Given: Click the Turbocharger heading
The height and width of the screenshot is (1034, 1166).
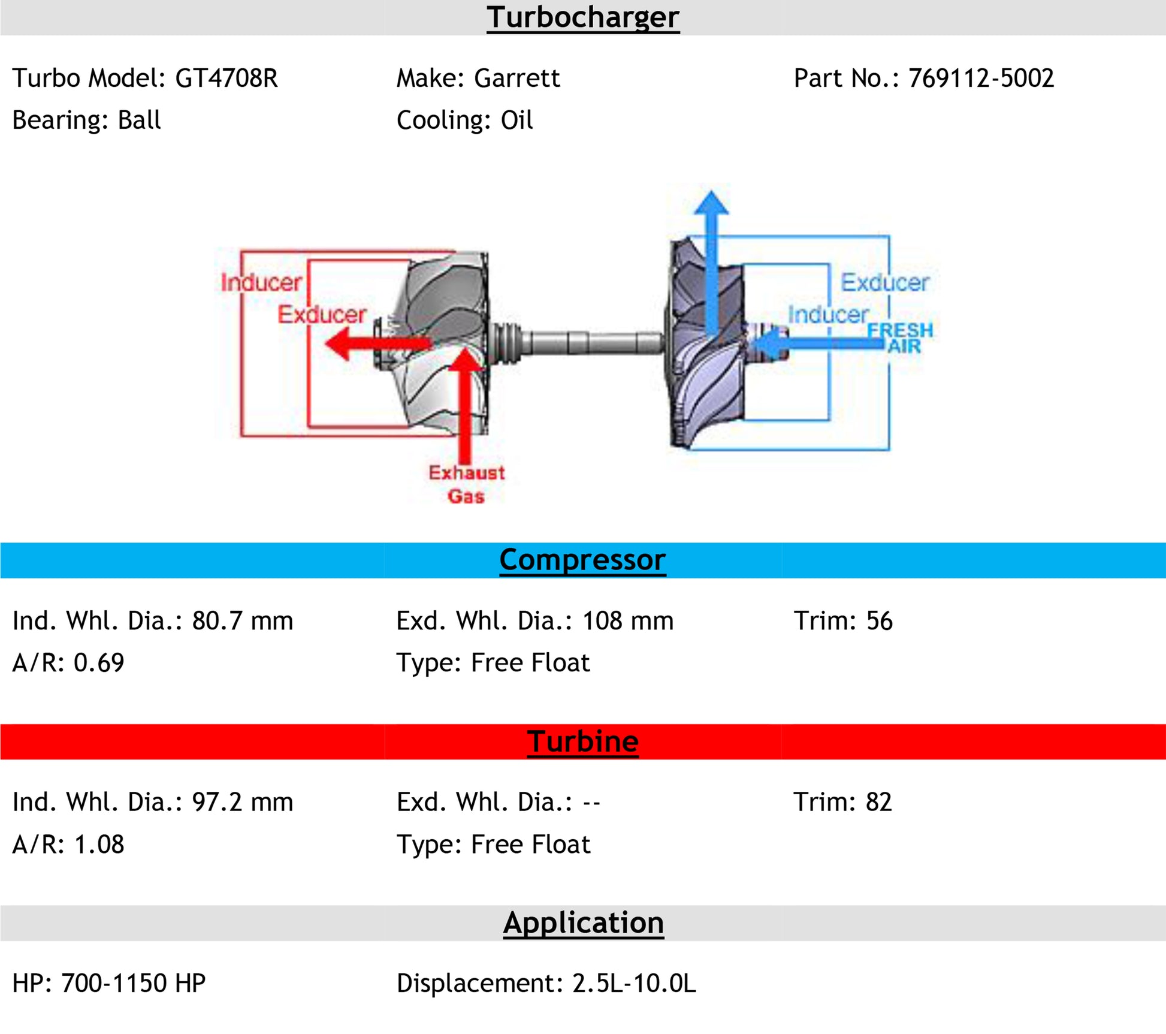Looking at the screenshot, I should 582,17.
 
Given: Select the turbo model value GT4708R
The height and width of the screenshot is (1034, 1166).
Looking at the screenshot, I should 226,79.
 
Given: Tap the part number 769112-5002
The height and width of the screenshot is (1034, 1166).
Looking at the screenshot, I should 981,79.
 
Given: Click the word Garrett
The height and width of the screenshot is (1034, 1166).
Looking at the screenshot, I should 516,79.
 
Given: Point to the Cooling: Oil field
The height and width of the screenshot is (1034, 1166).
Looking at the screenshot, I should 464,120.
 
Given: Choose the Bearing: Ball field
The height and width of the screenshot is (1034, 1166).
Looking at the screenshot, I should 86,120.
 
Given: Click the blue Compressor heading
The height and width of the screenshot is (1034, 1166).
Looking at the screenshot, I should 582,560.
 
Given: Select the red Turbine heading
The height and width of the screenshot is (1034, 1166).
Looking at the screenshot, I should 582,741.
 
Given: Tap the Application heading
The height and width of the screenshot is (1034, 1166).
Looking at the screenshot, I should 583,923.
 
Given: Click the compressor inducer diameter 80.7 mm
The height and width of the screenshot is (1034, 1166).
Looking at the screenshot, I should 242,621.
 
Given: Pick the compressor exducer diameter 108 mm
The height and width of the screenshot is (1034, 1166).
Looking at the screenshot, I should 627,621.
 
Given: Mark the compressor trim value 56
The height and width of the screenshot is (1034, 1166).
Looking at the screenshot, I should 879,621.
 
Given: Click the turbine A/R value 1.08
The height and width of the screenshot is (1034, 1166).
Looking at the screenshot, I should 99,845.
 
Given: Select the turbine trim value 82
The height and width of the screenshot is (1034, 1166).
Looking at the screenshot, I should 878,803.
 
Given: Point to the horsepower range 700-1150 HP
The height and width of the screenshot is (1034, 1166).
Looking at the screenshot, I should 133,984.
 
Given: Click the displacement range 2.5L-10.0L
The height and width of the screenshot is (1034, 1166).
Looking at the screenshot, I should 634,984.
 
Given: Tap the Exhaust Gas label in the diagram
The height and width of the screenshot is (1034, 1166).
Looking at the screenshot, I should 466,484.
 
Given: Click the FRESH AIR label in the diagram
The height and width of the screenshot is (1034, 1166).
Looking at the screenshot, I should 901,338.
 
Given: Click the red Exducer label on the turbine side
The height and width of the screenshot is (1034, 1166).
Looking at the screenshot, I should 322,315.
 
